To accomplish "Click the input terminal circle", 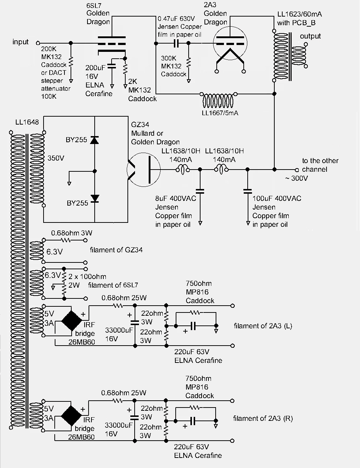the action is pos(38,43).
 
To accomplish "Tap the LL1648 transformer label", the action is pos(27,122).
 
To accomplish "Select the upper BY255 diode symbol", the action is pos(95,140).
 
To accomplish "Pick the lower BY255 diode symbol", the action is pos(95,199).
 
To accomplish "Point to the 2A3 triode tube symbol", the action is pos(230,44).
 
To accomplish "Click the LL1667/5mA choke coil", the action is pos(218,100).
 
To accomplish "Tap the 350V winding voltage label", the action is pos(56,158).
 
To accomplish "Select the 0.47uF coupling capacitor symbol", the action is pos(176,43).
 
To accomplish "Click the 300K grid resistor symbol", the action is pos(189,62).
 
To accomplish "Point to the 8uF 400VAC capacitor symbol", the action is pos(200,192).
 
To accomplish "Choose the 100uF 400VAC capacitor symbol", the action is pos(248,192).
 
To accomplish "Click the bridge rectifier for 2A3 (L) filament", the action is pos(72,321).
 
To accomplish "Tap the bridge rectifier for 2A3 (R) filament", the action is pos(71,416).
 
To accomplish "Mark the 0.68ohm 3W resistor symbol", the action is pos(66,240).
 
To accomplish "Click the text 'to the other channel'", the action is pos(320,165).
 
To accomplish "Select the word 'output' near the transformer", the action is pos(310,36).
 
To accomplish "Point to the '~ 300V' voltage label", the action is pos(296,178).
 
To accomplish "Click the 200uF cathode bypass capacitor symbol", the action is pos(112,66).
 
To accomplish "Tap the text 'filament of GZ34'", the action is pos(116,250).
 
